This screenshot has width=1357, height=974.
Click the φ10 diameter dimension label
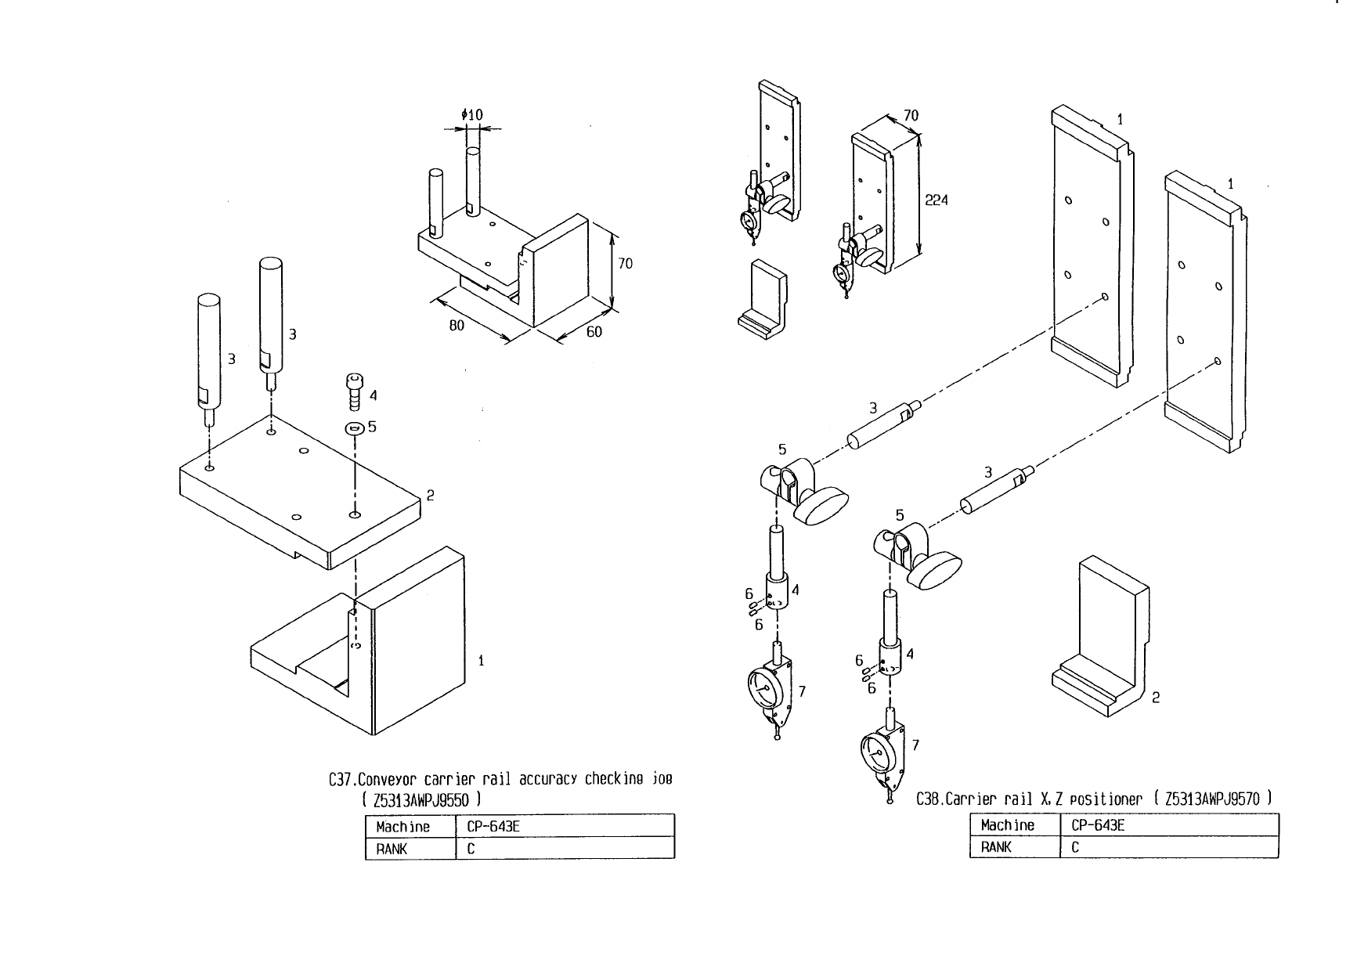tap(472, 115)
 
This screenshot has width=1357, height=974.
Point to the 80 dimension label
tap(457, 325)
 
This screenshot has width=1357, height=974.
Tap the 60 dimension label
tap(594, 331)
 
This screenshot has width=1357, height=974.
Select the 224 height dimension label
tap(937, 200)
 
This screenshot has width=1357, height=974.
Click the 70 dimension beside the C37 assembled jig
tap(625, 263)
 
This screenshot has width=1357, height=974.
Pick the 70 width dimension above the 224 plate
tap(911, 115)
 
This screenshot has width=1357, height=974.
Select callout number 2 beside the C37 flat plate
tap(430, 495)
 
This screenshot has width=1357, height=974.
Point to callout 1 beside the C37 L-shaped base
tap(481, 661)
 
